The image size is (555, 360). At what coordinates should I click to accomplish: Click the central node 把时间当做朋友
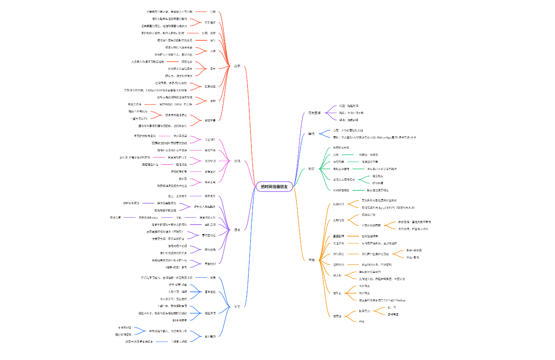point(274,187)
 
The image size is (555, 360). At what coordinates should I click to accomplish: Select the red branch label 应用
point(237,66)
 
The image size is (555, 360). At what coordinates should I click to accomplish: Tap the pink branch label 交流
point(237,161)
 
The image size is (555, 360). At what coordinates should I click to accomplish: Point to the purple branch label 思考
point(237,230)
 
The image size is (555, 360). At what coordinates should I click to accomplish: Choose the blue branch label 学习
point(237,306)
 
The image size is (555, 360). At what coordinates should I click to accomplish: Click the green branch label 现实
point(311,169)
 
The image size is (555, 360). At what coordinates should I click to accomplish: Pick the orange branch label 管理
point(311,260)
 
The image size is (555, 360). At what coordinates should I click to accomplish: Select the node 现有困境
point(315,113)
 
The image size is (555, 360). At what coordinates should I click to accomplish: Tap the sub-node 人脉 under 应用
point(212,51)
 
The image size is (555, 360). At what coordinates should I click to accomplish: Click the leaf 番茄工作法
point(134,104)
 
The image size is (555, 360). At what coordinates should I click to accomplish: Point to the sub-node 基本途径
point(210,292)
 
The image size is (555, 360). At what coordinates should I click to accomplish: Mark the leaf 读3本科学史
point(180,320)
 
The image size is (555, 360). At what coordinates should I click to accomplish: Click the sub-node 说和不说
point(210,150)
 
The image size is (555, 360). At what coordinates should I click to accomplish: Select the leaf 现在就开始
point(368,214)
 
